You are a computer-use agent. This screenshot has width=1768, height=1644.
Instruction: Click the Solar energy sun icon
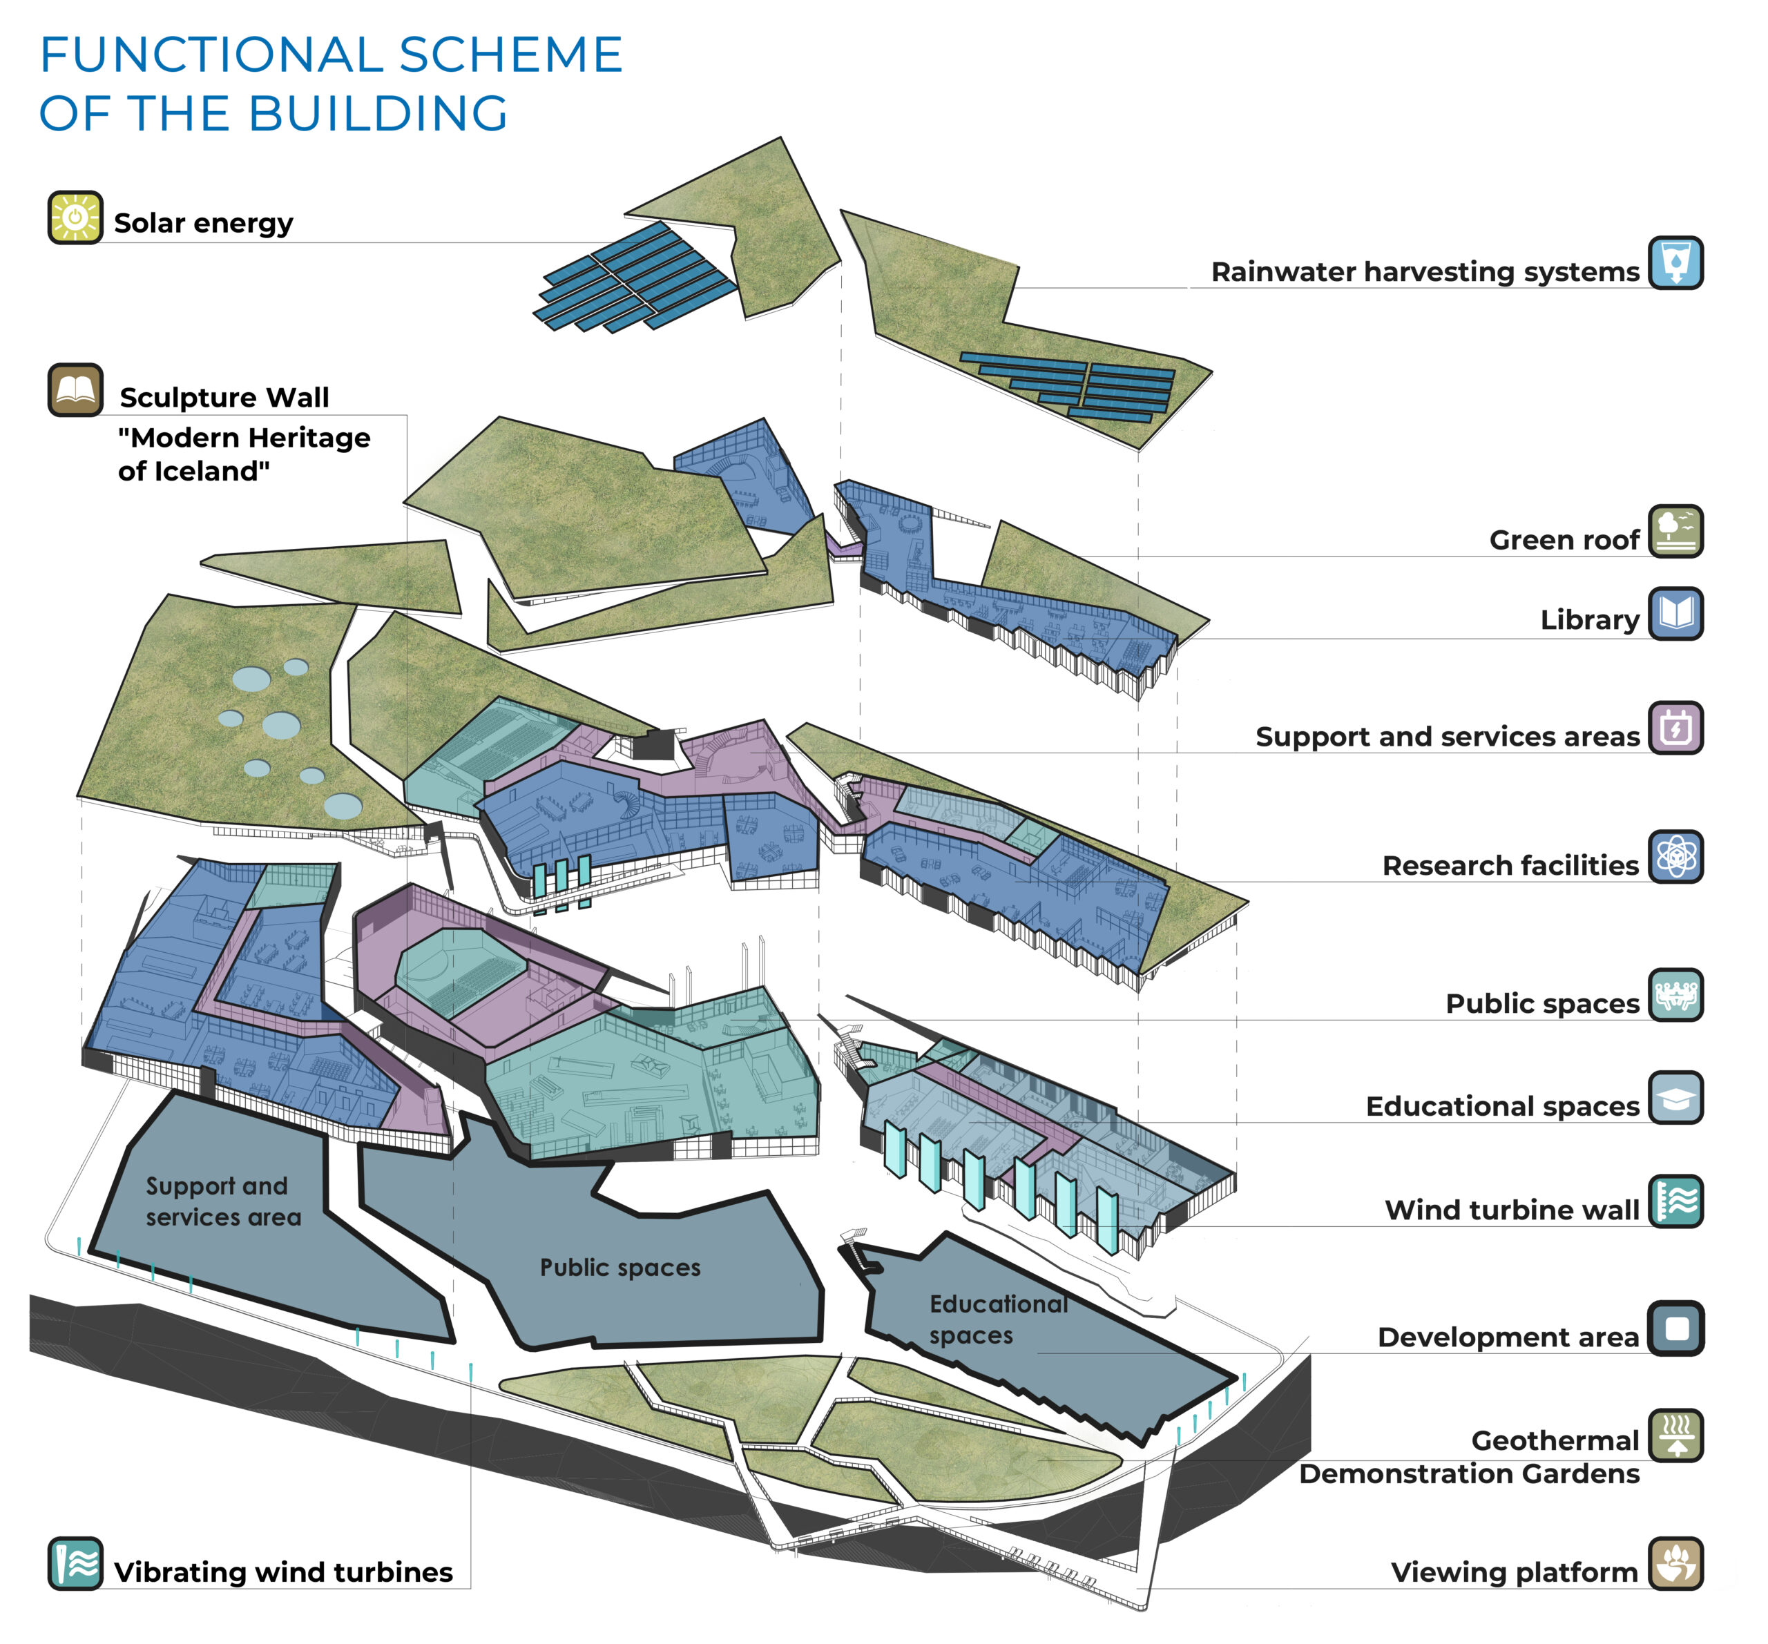click(x=75, y=217)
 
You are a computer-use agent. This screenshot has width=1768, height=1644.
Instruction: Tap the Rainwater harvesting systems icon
click(x=1675, y=262)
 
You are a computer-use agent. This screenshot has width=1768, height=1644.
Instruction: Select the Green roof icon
click(x=1675, y=532)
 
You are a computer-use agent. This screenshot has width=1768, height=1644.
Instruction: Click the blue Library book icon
click(x=1675, y=614)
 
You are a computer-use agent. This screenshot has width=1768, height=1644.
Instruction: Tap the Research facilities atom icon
click(x=1675, y=857)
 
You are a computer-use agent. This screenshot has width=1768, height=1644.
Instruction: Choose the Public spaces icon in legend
click(x=1675, y=995)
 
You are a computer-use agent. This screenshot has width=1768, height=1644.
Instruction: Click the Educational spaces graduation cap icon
click(x=1675, y=1098)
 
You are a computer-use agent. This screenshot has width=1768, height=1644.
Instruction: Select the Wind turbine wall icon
click(x=1675, y=1201)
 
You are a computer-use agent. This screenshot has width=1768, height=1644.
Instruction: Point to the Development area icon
click(x=1675, y=1328)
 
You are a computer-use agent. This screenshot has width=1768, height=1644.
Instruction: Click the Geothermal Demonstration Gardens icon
click(x=1675, y=1435)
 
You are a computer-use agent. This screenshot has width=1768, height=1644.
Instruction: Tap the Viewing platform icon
click(x=1675, y=1563)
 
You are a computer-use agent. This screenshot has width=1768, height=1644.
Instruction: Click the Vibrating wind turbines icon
click(x=75, y=1563)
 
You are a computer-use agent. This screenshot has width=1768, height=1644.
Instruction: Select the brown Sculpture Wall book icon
click(x=75, y=390)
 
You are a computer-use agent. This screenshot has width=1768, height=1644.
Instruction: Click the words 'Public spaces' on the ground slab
click(x=620, y=1268)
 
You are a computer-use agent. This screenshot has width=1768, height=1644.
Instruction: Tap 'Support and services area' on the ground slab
click(x=222, y=1201)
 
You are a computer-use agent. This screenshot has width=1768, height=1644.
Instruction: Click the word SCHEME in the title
click(x=510, y=55)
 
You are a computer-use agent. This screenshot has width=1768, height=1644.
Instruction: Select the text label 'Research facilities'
click(x=1510, y=865)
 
